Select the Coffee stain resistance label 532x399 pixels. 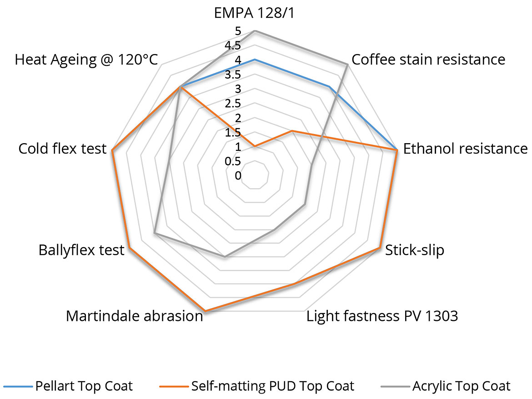428,60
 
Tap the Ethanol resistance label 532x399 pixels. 465,149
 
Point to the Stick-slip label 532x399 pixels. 414,250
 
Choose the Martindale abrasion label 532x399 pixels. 134,316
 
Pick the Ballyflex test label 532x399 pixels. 81,250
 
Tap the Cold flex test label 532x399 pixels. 62,149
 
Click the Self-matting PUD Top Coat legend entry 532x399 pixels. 272,386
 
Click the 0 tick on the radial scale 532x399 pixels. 238,176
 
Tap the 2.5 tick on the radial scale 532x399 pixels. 234,104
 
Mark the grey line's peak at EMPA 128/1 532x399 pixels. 255,30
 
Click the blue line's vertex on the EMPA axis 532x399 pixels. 255,60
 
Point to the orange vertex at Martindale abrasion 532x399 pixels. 205,311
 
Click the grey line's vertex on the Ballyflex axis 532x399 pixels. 155,233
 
